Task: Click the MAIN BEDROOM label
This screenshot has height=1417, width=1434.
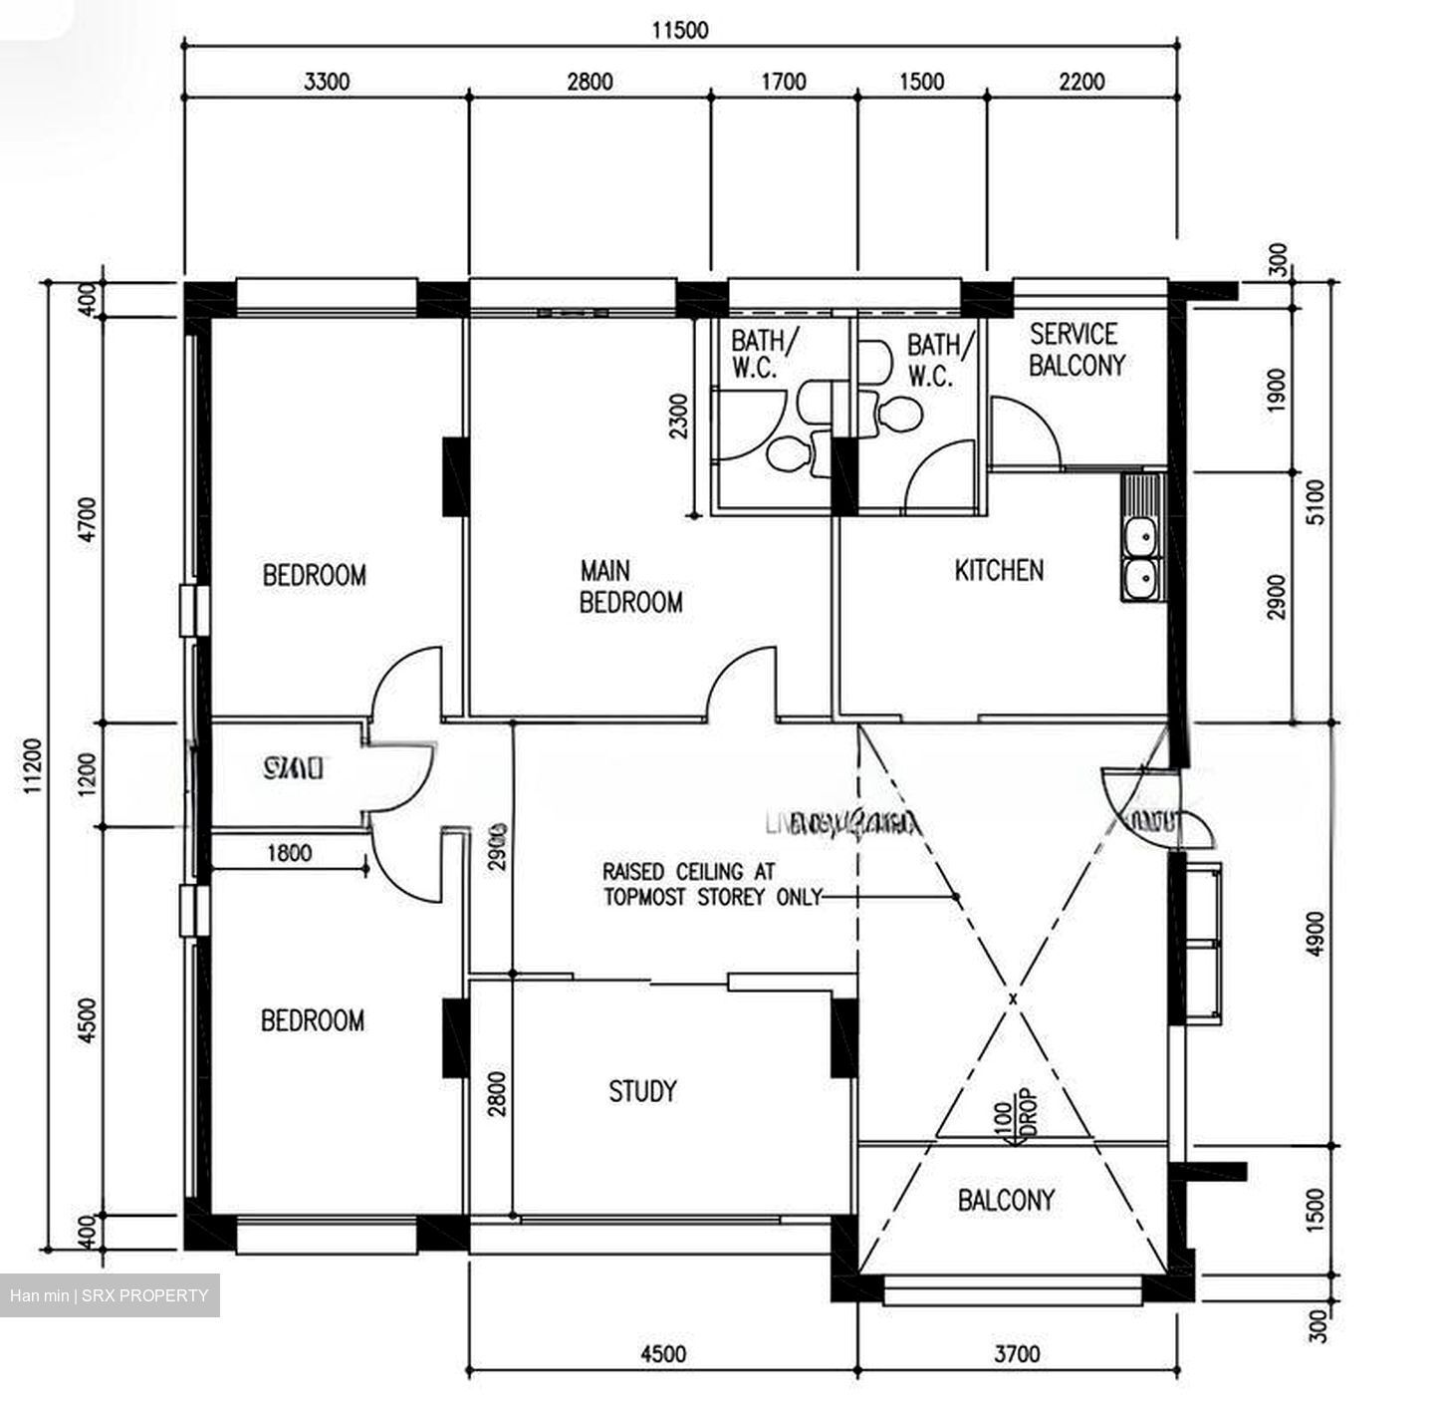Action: [x=630, y=586]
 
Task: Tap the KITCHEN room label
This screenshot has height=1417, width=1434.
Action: [x=999, y=570]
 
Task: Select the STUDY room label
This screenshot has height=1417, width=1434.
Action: [x=642, y=1091]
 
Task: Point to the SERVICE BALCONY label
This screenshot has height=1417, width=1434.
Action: [x=1076, y=350]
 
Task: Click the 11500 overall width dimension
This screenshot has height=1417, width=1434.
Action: [x=680, y=30]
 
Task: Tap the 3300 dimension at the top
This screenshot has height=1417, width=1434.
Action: [x=327, y=82]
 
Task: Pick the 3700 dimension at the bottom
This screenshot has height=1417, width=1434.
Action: [x=1017, y=1353]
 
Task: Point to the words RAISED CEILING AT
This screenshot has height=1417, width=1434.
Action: [x=688, y=871]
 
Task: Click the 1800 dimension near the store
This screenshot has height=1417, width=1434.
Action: [x=289, y=853]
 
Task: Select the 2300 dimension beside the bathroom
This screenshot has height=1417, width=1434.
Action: [x=678, y=417]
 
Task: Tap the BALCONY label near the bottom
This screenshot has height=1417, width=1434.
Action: [x=1005, y=1200]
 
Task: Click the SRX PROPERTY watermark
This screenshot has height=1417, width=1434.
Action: [x=110, y=1295]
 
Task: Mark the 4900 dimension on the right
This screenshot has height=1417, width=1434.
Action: [x=1315, y=934]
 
